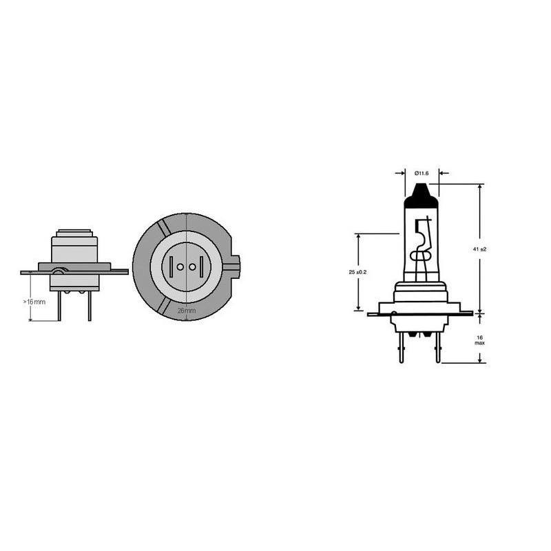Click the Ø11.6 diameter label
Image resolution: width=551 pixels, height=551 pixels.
tap(422, 172)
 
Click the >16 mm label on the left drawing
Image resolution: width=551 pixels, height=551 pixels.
tap(36, 302)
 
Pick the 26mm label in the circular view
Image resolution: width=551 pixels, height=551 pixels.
tap(187, 311)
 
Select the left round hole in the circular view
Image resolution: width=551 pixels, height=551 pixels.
tap(179, 267)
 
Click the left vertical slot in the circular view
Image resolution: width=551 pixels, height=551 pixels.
tap(170, 267)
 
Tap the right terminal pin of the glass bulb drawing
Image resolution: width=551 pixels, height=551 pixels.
tap(436, 351)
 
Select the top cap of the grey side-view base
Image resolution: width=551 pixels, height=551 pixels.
tap(74, 232)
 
